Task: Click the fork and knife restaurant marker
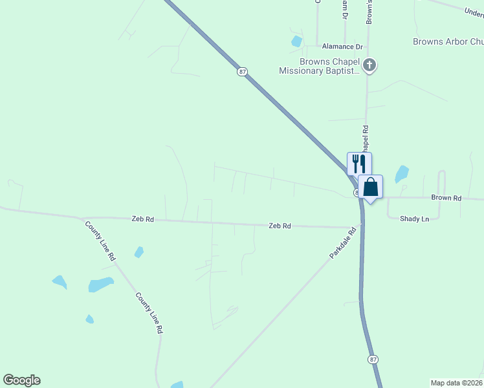360,163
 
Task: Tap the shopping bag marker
370,188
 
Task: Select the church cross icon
369,65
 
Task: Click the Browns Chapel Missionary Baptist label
319,67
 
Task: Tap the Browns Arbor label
448,41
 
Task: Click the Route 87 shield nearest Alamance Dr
242,71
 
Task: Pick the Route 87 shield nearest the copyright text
373,359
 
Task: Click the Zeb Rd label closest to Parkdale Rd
280,226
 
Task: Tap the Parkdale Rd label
343,243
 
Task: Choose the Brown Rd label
446,198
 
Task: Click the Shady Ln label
415,219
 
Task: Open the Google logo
21,380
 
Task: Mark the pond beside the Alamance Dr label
296,41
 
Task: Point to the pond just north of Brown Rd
402,173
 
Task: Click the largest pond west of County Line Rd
101,285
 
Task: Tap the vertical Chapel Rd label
366,140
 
